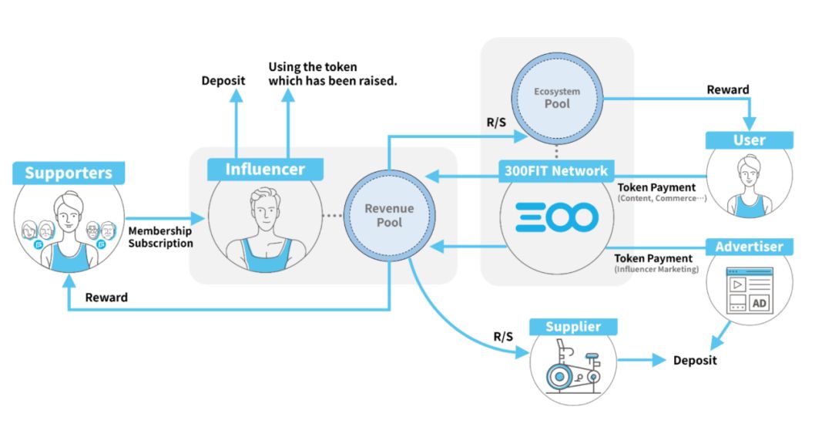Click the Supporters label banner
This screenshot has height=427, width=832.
[69, 173]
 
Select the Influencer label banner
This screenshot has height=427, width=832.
[265, 170]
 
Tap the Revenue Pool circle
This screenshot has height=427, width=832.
[389, 215]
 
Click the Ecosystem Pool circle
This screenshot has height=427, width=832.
[557, 97]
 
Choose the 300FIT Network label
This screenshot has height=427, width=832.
[557, 170]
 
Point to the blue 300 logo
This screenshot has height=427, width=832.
[557, 218]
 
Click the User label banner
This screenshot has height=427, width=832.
[749, 140]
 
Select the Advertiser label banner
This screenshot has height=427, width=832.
[749, 247]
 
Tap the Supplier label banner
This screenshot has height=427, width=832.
[572, 327]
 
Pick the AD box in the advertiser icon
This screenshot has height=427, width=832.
[760, 303]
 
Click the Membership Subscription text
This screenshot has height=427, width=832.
[160, 237]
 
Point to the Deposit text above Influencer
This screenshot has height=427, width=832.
[223, 80]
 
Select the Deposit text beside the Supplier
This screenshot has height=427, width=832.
[694, 360]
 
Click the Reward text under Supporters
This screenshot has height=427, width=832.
[106, 298]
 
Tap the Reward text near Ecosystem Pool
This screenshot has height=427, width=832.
[727, 89]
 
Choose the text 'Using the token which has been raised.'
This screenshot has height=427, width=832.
[332, 73]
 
